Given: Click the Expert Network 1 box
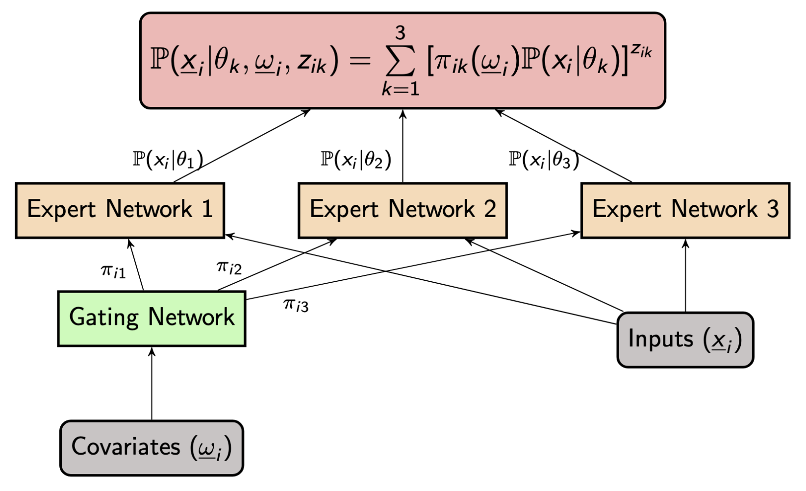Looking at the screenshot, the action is pyautogui.click(x=120, y=210).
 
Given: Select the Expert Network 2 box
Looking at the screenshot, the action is pyautogui.click(x=403, y=210).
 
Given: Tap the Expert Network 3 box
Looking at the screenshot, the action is pyautogui.click(x=685, y=210).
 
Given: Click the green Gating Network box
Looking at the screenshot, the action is pyautogui.click(x=152, y=319).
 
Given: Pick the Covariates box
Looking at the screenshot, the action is pyautogui.click(x=152, y=448).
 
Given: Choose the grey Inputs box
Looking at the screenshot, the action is pyautogui.click(x=685, y=340).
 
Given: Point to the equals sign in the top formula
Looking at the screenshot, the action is pyautogui.click(x=360, y=60).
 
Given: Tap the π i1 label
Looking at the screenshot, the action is pyautogui.click(x=113, y=271).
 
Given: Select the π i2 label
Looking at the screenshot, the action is pyautogui.click(x=229, y=268).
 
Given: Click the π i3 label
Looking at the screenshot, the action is pyautogui.click(x=296, y=305).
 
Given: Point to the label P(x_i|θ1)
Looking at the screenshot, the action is pyautogui.click(x=168, y=159).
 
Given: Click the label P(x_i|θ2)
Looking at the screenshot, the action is pyautogui.click(x=356, y=159).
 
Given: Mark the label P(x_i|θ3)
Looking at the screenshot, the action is pyautogui.click(x=544, y=159).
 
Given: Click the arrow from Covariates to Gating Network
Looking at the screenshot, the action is pyautogui.click(x=152, y=384).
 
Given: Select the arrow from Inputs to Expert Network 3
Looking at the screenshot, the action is pyautogui.click(x=685, y=275).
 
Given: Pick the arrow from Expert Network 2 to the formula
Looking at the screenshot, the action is pyautogui.click(x=403, y=146).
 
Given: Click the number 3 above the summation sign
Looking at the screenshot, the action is pyautogui.click(x=401, y=33).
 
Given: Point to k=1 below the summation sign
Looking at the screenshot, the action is pyautogui.click(x=401, y=89).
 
